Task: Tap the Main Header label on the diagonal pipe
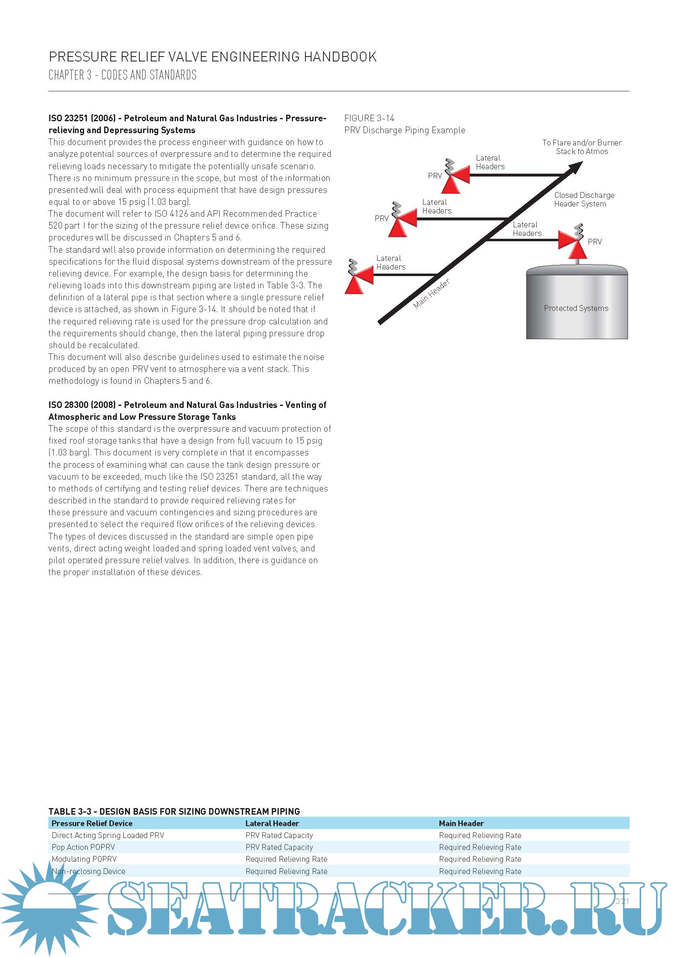(431, 294)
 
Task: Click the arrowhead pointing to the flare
(575, 168)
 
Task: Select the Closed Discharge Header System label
(584, 199)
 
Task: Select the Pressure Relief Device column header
(92, 823)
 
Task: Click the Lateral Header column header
(272, 823)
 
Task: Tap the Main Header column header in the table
(461, 823)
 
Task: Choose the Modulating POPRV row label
(84, 859)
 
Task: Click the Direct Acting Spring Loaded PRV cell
(108, 835)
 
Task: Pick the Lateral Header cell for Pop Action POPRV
(279, 847)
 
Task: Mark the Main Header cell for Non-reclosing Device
(480, 871)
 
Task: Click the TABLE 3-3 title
(174, 811)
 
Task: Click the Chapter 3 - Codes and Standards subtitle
(122, 75)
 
